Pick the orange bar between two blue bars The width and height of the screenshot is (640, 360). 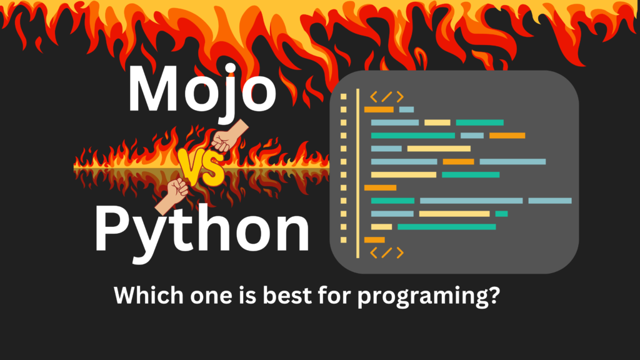click(458, 162)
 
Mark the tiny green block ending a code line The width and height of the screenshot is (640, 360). click(501, 214)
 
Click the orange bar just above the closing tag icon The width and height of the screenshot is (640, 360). click(374, 239)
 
